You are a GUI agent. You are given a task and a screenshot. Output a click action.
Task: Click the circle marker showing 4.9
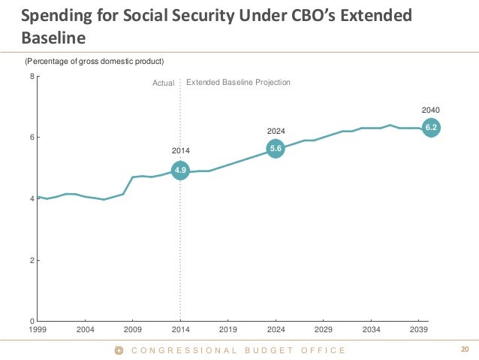coord(180,171)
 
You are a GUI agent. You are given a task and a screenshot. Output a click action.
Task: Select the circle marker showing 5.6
coord(276,149)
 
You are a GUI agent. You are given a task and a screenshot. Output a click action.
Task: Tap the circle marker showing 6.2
coord(431,128)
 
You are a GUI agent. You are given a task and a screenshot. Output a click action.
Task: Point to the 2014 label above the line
coord(180,151)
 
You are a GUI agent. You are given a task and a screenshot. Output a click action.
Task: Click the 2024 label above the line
coord(276,131)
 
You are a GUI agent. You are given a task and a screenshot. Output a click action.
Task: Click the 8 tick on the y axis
coord(31,76)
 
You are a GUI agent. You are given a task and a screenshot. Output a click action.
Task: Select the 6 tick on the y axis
coord(31,138)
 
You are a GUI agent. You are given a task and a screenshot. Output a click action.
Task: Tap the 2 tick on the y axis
coord(31,260)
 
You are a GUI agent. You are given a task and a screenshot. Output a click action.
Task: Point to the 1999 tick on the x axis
coord(38,330)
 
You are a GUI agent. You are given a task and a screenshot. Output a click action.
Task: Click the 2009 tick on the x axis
coord(133,330)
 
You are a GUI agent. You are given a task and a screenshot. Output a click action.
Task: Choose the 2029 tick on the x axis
coord(324,330)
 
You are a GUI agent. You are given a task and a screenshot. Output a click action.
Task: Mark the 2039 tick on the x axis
coord(419,330)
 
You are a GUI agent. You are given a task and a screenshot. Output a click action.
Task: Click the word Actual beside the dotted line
coord(163,83)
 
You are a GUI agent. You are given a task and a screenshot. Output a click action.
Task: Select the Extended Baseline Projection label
coord(237,82)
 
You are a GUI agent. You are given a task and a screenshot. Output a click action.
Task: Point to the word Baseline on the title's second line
coord(52,35)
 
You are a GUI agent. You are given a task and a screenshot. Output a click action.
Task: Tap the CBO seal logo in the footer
coord(118,350)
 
